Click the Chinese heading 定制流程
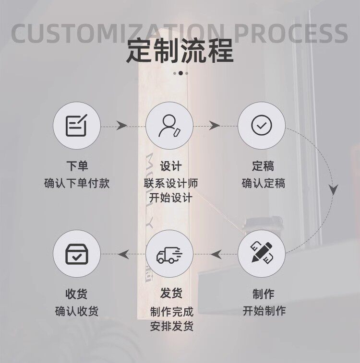(180, 51)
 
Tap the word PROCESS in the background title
(291, 34)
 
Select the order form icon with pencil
(77, 125)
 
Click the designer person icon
(169, 126)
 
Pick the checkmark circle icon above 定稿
(262, 125)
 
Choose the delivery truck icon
(169, 255)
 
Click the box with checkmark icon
(77, 254)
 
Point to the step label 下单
(77, 166)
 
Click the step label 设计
(171, 166)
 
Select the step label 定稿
(263, 166)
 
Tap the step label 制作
(264, 294)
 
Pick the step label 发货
(171, 293)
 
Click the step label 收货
(76, 294)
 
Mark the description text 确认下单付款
(77, 183)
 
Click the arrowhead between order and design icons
(121, 126)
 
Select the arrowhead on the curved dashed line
(333, 189)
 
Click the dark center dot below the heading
(180, 73)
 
